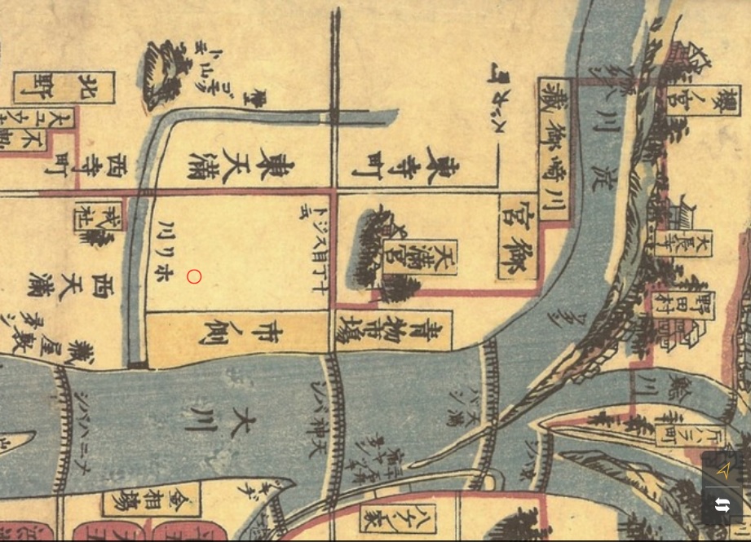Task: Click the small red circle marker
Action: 194,277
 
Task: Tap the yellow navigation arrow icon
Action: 723,470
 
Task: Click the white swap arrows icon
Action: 722,505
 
